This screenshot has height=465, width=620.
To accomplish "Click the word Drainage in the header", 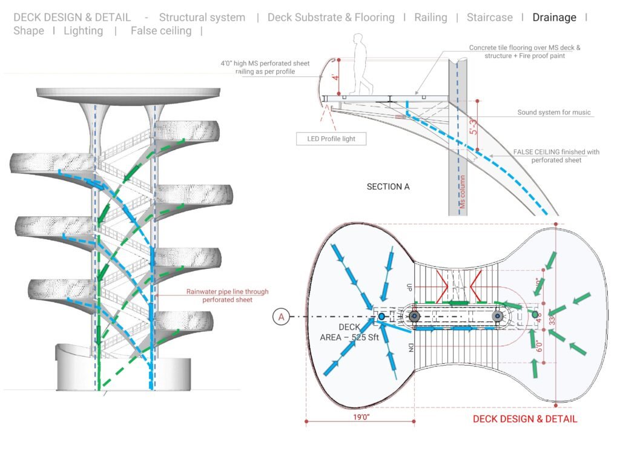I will click(x=554, y=18).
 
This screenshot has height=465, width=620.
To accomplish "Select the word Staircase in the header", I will click(x=489, y=18).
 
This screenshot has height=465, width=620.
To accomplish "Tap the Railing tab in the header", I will click(x=430, y=18).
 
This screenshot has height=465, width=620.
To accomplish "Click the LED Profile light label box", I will click(x=332, y=139).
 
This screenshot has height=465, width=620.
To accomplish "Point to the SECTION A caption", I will click(x=388, y=186).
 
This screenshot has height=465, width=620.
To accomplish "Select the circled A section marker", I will click(x=280, y=316).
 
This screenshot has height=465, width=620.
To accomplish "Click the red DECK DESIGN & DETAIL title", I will click(x=525, y=418).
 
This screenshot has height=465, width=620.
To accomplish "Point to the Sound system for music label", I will click(x=554, y=113).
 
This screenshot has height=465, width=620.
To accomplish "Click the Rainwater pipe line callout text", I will click(x=227, y=295).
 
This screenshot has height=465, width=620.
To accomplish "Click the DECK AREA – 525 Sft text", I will click(x=349, y=332).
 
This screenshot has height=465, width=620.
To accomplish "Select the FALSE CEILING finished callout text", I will click(x=556, y=156).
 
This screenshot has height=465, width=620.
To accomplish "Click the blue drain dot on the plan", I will click(x=381, y=316).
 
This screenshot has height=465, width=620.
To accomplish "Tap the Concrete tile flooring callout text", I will click(x=524, y=51).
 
